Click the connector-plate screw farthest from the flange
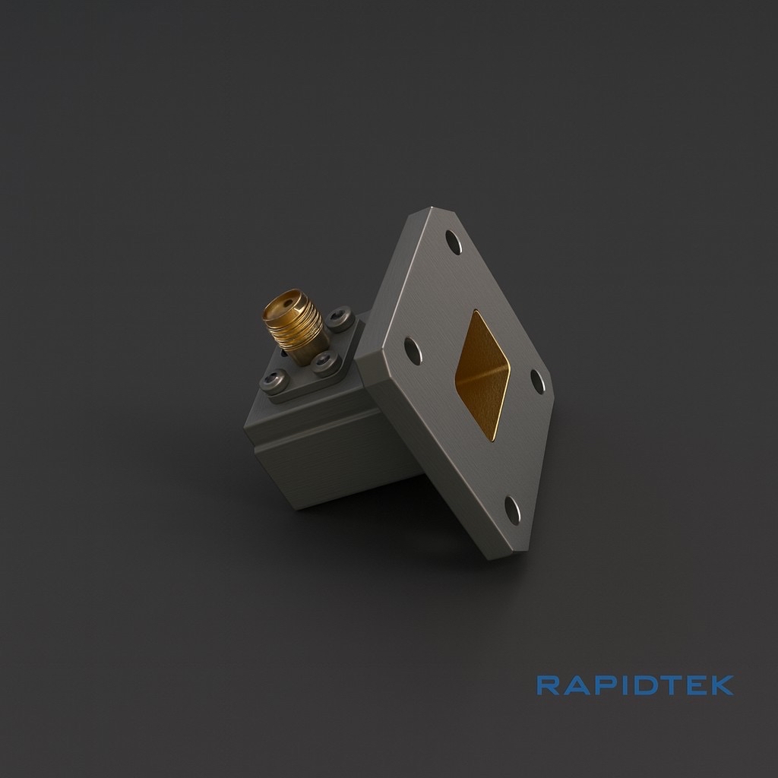pos(274,380)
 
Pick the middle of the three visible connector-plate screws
pos(327,362)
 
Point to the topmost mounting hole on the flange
pos(453,242)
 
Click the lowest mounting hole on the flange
pos(513,509)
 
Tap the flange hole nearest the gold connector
pos(413,350)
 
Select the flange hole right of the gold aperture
pos(538,381)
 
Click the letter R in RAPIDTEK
pos(549,685)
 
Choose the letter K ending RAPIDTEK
pos(719,685)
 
